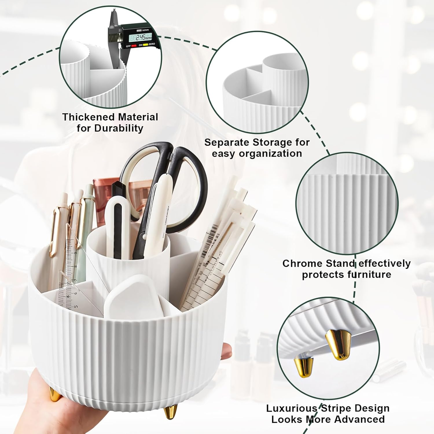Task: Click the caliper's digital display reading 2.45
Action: tap(141, 37)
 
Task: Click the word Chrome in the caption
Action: tap(302, 264)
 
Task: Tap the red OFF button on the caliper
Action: tap(134, 46)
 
